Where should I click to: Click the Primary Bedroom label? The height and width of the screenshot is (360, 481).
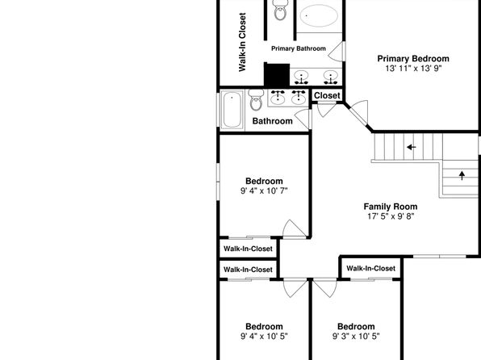coord(413,59)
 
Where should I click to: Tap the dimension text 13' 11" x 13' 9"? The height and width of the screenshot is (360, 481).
coord(413,68)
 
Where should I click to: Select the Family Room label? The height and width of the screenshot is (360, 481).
coord(391,207)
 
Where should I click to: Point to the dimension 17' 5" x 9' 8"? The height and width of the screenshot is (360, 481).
coord(391,216)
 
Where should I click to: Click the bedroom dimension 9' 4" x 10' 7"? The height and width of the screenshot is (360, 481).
coord(264,190)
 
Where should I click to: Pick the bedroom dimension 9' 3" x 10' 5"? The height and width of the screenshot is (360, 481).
coord(356,337)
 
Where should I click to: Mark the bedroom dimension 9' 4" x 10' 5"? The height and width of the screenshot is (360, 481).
coord(264,337)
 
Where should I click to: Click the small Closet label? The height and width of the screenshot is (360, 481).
coord(327,95)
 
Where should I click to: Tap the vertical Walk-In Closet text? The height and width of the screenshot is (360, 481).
coord(242,42)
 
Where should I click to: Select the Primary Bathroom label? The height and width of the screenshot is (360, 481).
coord(299,48)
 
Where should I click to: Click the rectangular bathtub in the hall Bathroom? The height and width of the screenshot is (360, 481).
coord(232,110)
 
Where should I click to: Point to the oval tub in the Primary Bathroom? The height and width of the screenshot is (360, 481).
coord(319,15)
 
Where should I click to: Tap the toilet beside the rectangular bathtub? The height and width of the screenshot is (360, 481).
coord(256,100)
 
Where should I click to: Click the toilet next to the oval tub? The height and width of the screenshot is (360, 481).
coord(280,10)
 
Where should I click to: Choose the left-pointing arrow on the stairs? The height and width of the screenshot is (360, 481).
coord(412,148)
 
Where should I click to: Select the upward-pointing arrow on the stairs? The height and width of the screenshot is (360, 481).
coord(462,175)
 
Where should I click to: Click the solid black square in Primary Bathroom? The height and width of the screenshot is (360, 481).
coord(277,74)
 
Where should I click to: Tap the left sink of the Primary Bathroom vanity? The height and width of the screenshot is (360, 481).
coord(302,77)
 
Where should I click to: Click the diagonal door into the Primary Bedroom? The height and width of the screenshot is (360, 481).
coord(356,114)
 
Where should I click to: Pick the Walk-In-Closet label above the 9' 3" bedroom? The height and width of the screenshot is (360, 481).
coord(371,269)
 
